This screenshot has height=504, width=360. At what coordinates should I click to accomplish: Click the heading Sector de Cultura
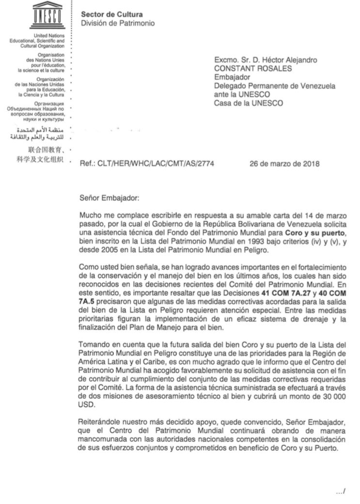[108, 15]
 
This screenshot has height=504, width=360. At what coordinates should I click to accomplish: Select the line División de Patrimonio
[118, 23]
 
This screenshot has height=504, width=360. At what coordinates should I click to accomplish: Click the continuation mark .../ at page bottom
[340, 491]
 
